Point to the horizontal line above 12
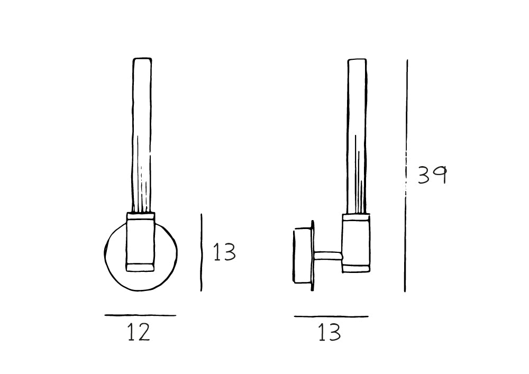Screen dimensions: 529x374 [x=140, y=315]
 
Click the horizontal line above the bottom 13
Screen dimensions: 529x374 [x=331, y=316]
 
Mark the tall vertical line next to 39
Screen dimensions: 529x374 [x=406, y=176]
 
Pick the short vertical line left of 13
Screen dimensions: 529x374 [x=202, y=252]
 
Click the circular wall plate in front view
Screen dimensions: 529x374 [x=106, y=253]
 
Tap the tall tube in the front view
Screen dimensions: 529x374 [x=142, y=135]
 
